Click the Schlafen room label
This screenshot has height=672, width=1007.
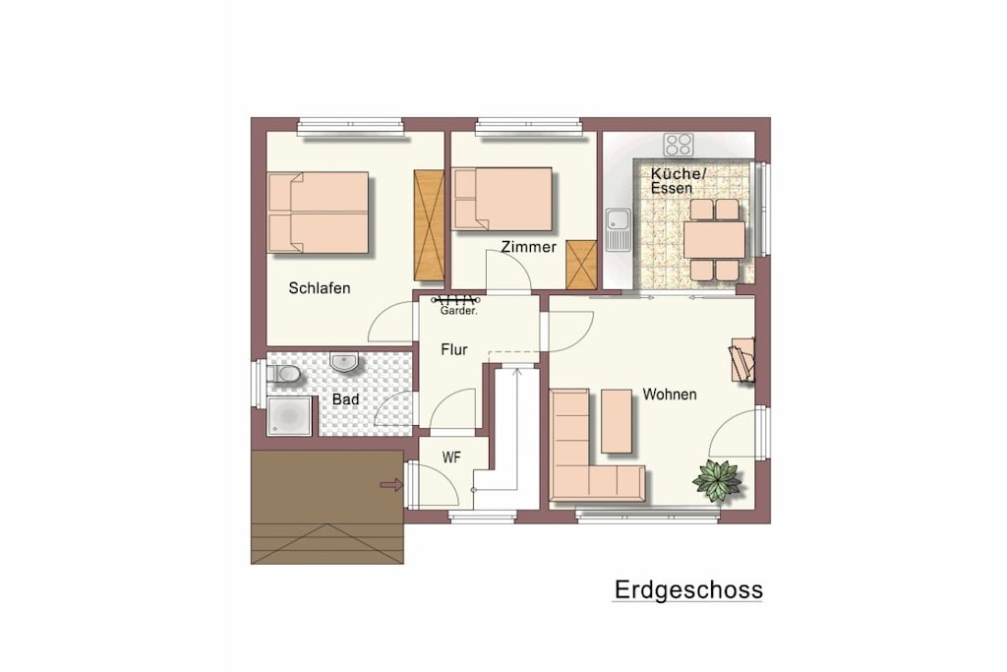(x=320, y=288)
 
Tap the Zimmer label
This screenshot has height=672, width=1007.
(x=528, y=247)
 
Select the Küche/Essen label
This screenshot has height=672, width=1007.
(x=679, y=180)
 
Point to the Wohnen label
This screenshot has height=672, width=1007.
(x=669, y=394)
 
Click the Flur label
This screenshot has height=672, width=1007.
(x=454, y=349)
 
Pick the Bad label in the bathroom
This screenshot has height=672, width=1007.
(x=345, y=399)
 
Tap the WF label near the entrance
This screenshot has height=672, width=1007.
(x=451, y=458)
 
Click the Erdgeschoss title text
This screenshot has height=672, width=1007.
(x=688, y=589)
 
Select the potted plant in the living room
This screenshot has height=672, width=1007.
(x=717, y=479)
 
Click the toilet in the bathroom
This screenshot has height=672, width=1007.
(x=284, y=373)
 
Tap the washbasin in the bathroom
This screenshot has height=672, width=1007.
(x=344, y=362)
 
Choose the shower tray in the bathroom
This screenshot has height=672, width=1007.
(x=289, y=416)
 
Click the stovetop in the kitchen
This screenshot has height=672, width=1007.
(x=679, y=145)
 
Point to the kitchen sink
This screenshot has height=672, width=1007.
(x=618, y=229)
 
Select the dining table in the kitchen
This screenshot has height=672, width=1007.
(x=714, y=240)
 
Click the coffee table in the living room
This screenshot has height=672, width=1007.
(x=617, y=421)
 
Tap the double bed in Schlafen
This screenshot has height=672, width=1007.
(x=318, y=213)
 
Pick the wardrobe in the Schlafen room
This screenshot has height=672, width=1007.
(x=429, y=225)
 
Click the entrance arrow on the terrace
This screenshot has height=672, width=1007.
(x=391, y=484)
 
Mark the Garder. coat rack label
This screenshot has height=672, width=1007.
(x=458, y=311)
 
